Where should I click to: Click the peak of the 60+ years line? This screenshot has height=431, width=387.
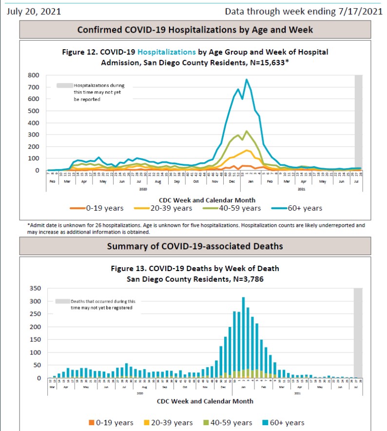pyautogui.click(x=247, y=79)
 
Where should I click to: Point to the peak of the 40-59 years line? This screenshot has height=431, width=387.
pyautogui.click(x=247, y=131)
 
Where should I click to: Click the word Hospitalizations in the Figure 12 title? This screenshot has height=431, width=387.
pyautogui.click(x=167, y=52)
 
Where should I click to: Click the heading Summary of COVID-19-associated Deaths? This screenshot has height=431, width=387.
pyautogui.click(x=195, y=246)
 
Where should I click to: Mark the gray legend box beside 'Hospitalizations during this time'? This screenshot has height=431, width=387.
pyautogui.click(x=64, y=86)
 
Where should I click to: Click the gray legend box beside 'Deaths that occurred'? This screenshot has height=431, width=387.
pyautogui.click(x=62, y=301)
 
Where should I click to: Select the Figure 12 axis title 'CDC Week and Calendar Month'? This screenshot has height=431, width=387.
pyautogui.click(x=207, y=200)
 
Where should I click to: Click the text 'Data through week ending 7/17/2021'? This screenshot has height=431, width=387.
pyautogui.click(x=303, y=11)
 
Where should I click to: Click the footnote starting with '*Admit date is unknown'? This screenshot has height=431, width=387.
pyautogui.click(x=195, y=229)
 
